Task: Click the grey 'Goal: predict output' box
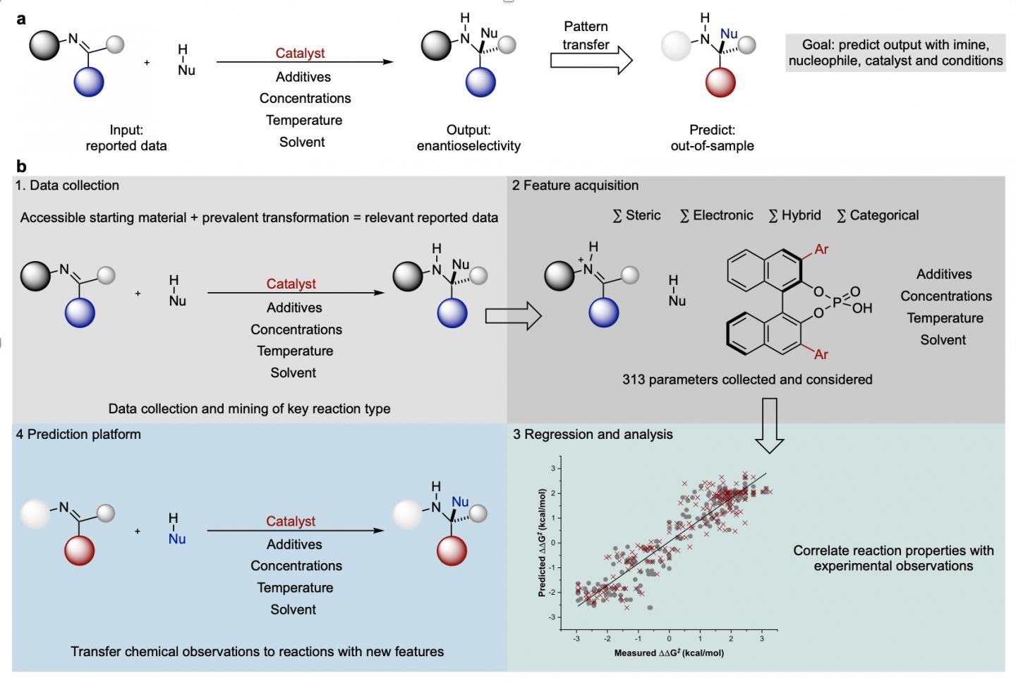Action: (x=895, y=53)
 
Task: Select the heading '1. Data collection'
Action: (x=68, y=186)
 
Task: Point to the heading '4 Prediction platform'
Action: (x=78, y=435)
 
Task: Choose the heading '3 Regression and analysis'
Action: (x=593, y=435)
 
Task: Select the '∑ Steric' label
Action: (x=636, y=215)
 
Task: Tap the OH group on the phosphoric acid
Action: (x=862, y=308)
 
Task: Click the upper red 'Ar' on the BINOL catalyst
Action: (x=821, y=249)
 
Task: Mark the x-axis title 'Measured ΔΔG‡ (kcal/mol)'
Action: (x=669, y=653)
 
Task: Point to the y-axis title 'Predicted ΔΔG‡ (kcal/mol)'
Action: (x=543, y=542)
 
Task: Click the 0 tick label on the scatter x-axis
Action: (x=669, y=639)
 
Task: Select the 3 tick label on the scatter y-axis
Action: (x=554, y=469)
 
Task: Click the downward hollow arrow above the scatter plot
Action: (x=770, y=425)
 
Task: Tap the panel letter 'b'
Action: (x=21, y=167)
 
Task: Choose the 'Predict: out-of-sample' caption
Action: (x=712, y=138)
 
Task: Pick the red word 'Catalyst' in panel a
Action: (x=300, y=53)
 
